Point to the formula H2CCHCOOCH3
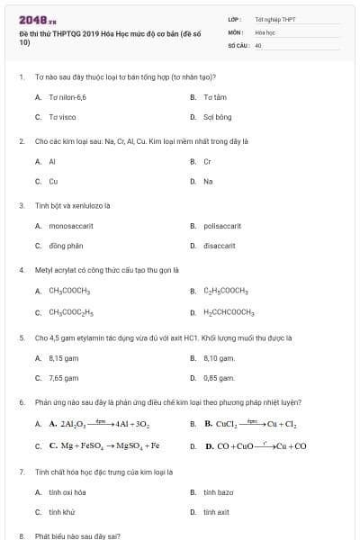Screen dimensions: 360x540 (x=229, y=312)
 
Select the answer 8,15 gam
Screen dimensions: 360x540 (x=64, y=357)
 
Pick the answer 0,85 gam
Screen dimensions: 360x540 (x=219, y=378)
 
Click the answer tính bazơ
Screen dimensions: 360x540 (x=218, y=492)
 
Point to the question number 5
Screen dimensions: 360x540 (x=21, y=338)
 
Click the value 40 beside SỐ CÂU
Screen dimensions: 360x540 (x=258, y=44)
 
